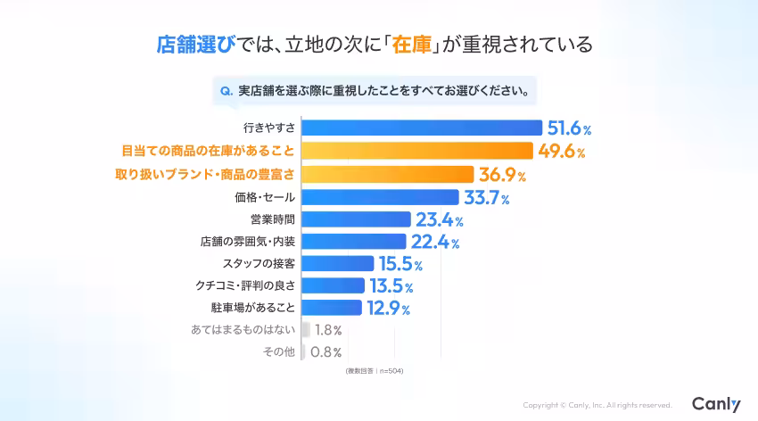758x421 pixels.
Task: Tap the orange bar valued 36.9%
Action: [388, 173]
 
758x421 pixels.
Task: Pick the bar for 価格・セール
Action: [381, 196]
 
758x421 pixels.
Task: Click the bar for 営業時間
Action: [357, 219]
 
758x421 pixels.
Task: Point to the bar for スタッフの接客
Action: [338, 264]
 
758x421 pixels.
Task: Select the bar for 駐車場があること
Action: [333, 309]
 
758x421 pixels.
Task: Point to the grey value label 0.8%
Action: [325, 352]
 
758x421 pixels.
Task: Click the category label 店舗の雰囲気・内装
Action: [247, 242]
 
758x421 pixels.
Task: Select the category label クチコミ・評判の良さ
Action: [245, 286]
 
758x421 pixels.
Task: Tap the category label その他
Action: [278, 352]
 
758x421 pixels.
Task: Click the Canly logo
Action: [716, 404]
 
